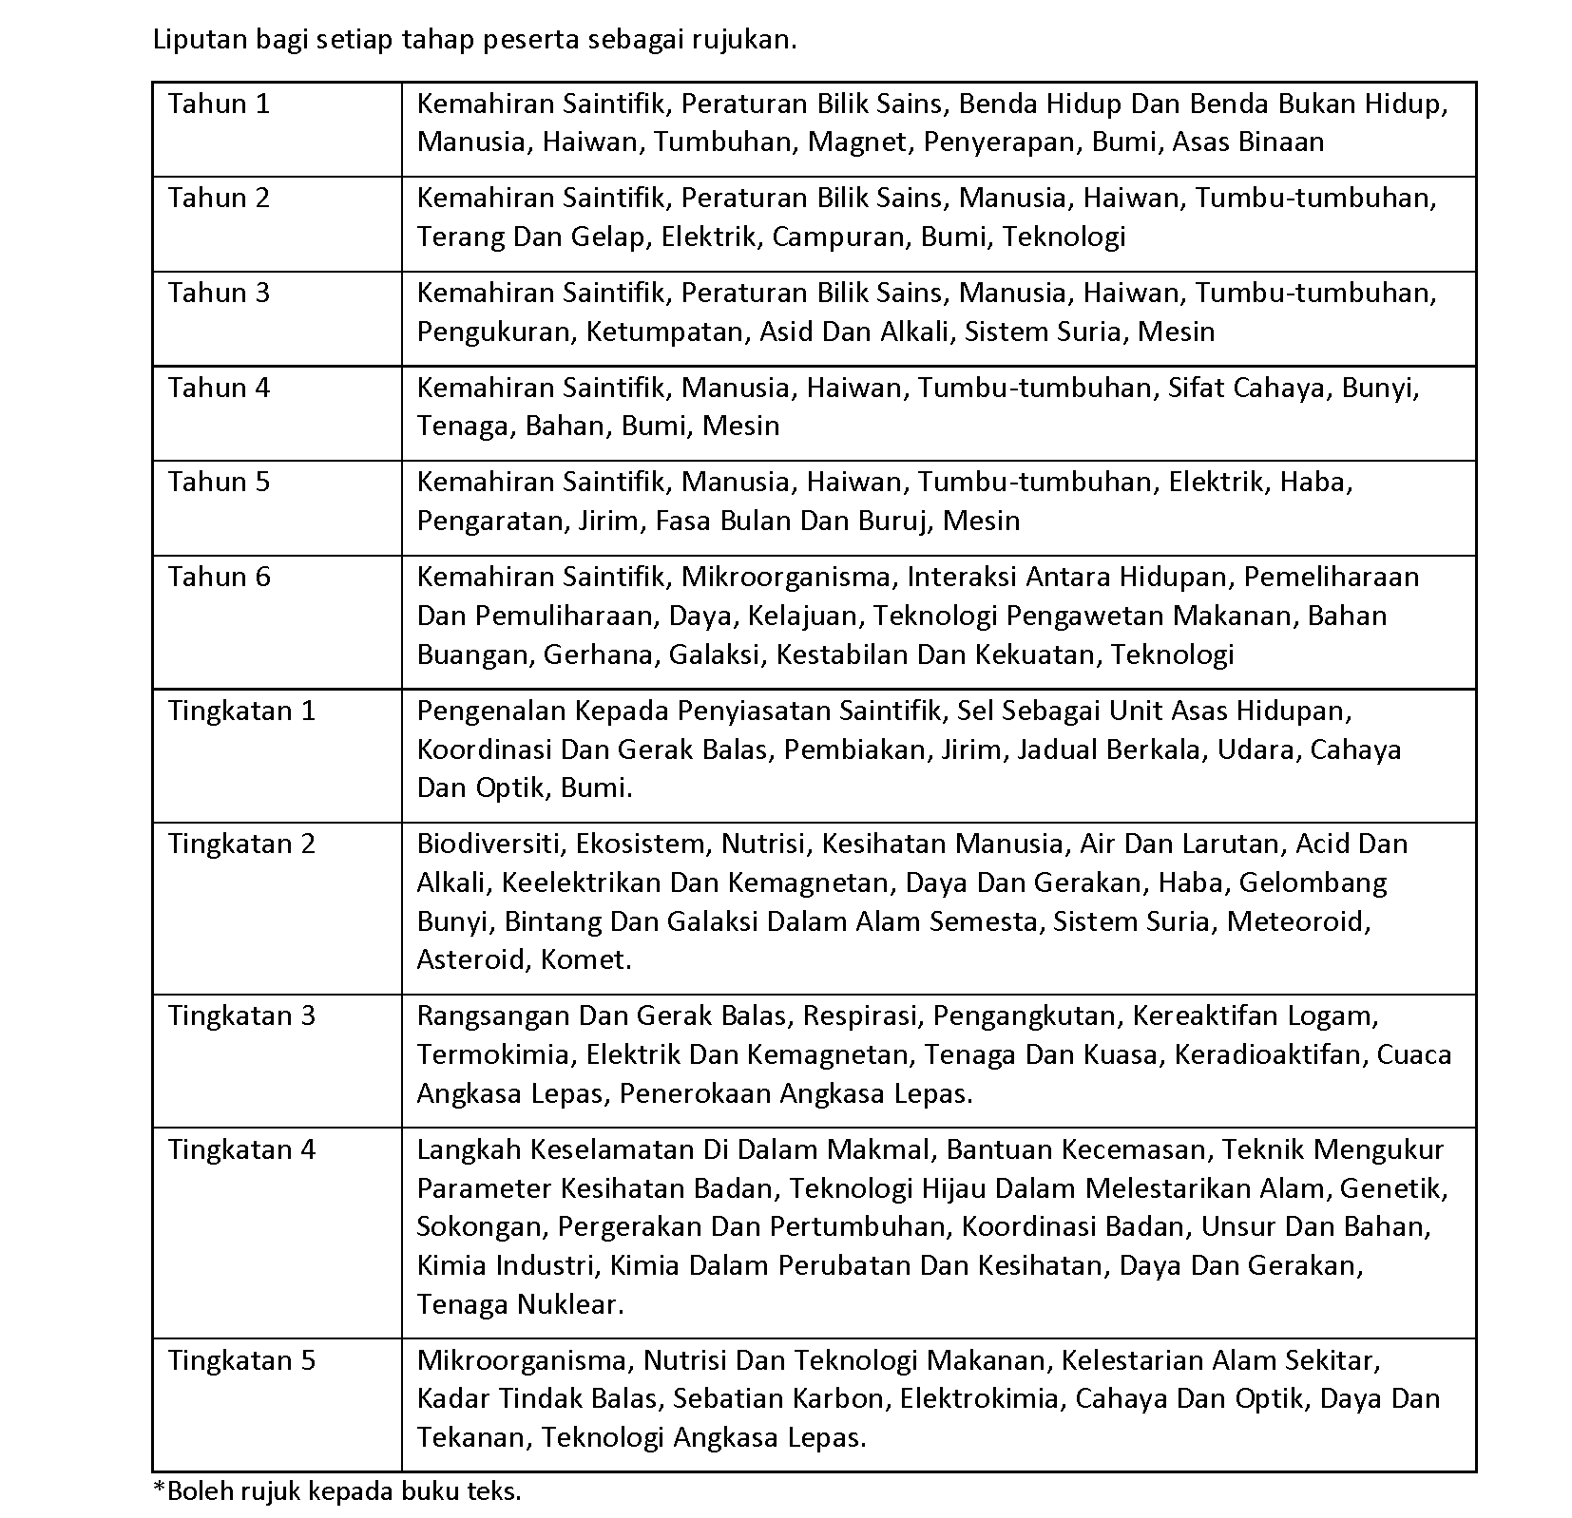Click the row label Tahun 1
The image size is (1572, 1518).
[x=219, y=104]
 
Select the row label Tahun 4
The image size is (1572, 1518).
[x=219, y=388]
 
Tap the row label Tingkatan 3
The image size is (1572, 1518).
[x=241, y=1015]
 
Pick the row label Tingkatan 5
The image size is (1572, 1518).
[x=241, y=1360]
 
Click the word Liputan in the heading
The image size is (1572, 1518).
[x=194, y=41]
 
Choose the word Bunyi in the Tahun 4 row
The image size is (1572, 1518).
[x=1379, y=388]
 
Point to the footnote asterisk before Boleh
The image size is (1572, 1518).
[x=159, y=1489]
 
